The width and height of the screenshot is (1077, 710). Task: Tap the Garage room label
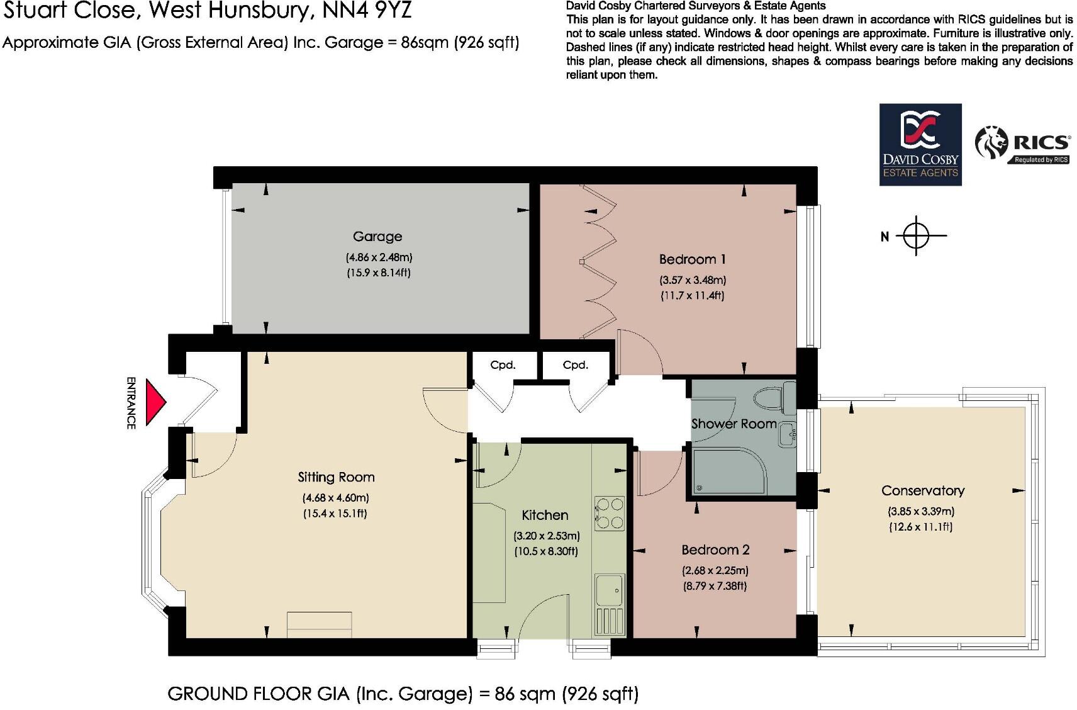click(x=377, y=237)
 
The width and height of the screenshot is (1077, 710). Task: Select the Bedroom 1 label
click(x=692, y=259)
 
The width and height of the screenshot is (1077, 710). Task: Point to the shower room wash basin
click(x=786, y=434)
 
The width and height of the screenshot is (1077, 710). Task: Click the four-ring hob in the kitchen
click(x=609, y=514)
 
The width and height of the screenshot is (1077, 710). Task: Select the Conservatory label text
click(x=922, y=491)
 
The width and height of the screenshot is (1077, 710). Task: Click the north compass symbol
click(x=916, y=236)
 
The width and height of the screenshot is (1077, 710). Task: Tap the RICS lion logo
click(x=991, y=143)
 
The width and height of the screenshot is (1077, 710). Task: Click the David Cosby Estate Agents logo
click(x=920, y=145)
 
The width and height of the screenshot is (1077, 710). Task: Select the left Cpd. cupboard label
click(x=503, y=365)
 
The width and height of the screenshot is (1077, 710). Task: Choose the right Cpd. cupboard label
click(x=575, y=365)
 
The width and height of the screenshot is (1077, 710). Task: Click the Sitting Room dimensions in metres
click(x=335, y=498)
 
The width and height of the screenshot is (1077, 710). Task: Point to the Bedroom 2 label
click(x=715, y=550)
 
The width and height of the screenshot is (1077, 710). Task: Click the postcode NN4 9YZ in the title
click(x=367, y=12)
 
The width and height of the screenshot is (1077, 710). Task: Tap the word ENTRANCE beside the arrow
click(x=131, y=403)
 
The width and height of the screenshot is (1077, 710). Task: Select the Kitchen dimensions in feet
click(x=546, y=551)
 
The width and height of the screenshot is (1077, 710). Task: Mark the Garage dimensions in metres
click(x=378, y=257)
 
